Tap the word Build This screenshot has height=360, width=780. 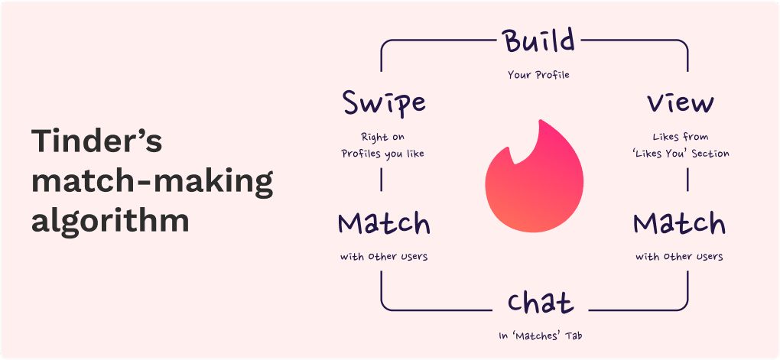pyautogui.click(x=538, y=42)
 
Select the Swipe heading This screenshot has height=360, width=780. pyautogui.click(x=383, y=102)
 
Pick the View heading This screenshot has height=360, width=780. pyautogui.click(x=680, y=103)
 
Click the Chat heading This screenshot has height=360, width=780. pyautogui.click(x=540, y=303)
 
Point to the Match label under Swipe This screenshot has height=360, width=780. pyautogui.click(x=383, y=223)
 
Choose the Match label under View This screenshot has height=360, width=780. pyautogui.click(x=679, y=223)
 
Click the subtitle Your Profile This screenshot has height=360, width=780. pyautogui.click(x=538, y=75)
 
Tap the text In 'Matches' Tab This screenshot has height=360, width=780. pyautogui.click(x=539, y=336)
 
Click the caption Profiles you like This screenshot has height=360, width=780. pyautogui.click(x=382, y=154)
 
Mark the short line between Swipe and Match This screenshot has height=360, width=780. pyautogui.click(x=382, y=180)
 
